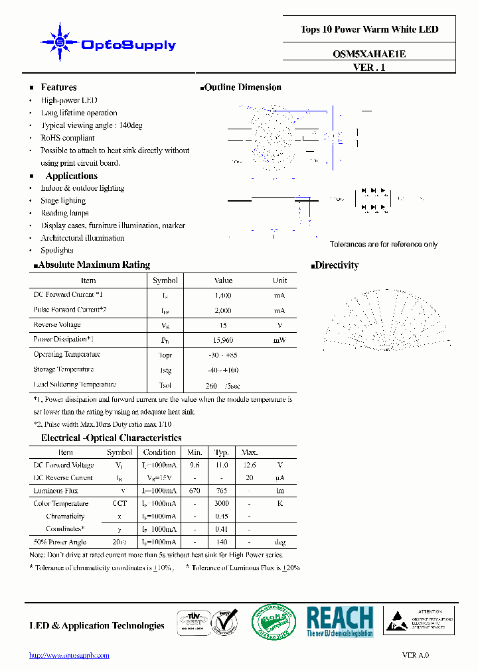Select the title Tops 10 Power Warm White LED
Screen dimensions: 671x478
[369, 29]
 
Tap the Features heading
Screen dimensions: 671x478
[58, 88]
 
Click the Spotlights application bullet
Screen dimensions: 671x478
[57, 251]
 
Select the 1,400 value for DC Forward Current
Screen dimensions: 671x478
[223, 295]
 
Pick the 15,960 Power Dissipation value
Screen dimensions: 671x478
[223, 340]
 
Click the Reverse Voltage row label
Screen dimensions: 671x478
[57, 325]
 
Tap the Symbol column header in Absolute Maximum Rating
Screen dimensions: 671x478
[165, 280]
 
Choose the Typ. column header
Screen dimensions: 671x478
[222, 452]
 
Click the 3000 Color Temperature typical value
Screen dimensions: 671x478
[222, 504]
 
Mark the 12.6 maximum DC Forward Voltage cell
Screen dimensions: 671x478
[249, 465]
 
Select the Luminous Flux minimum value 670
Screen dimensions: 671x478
[195, 491]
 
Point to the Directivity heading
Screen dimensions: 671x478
[337, 265]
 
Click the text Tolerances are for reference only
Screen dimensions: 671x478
[384, 245]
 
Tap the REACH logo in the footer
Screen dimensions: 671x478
[340, 622]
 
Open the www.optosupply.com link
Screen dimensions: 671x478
[69, 655]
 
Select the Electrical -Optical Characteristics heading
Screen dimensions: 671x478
[111, 438]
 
